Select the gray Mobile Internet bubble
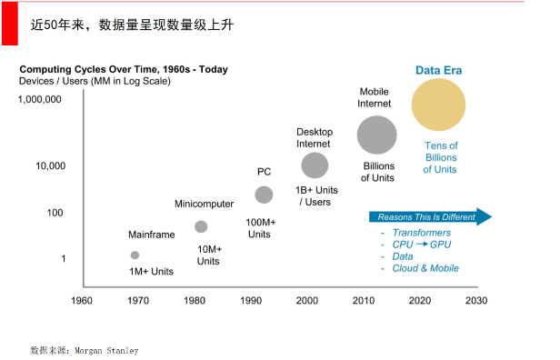(376, 135)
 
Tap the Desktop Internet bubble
(315, 165)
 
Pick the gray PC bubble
(264, 195)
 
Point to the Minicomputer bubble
(201, 226)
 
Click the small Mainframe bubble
(135, 255)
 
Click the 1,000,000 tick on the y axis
(40, 99)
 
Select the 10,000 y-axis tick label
(50, 165)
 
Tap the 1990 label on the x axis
(250, 300)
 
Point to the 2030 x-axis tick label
(475, 300)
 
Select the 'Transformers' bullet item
(421, 233)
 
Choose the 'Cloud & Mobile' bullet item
(425, 268)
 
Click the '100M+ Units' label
(261, 227)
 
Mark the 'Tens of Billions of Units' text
(441, 157)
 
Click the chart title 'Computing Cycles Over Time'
(125, 69)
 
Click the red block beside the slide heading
(9, 22)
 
